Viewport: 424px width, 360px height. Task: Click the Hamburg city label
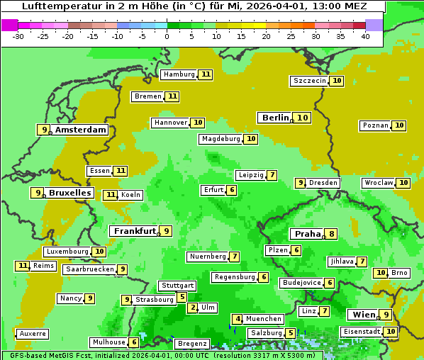coord(179,74)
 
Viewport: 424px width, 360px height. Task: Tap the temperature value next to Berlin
coord(303,118)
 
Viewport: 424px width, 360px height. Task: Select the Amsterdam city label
coord(81,130)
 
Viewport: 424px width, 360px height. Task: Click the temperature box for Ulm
coord(193,308)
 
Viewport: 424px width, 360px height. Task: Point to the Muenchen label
coord(264,319)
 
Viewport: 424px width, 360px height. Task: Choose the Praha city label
coord(308,234)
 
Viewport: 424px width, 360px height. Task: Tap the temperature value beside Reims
coord(23,266)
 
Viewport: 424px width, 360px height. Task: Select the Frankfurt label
coord(135,231)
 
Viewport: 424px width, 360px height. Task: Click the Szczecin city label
coord(310,81)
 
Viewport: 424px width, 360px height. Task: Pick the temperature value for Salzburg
coord(291,333)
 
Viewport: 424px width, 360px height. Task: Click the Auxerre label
coord(33,333)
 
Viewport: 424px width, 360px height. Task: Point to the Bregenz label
coord(192,344)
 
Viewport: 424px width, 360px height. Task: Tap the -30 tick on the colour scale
coord(18,35)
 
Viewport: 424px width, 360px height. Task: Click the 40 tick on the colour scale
coord(365,35)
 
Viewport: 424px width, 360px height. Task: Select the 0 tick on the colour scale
coord(167,35)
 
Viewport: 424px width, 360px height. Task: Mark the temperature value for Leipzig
coord(272,175)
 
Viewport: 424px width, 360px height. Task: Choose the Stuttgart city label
coord(177,286)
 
